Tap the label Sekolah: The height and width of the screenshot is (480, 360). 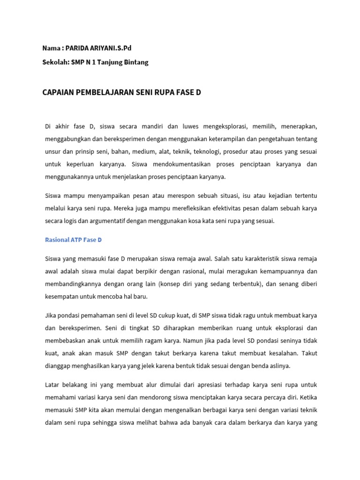pyautogui.click(x=55, y=62)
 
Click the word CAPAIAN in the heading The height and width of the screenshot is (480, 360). pyautogui.click(x=59, y=92)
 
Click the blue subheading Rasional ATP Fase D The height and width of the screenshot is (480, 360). pyautogui.click(x=73, y=240)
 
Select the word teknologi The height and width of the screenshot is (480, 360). pyautogui.click(x=207, y=152)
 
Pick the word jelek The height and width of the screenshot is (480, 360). pyautogui.click(x=158, y=365)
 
